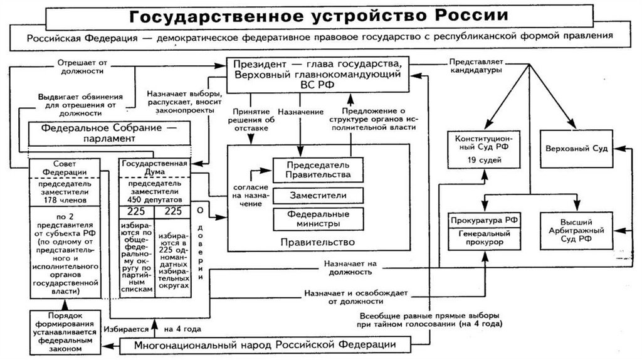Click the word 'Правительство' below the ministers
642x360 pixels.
pos(318,242)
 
